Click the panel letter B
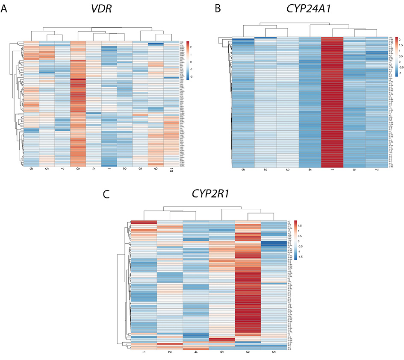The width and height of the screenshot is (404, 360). point(218,9)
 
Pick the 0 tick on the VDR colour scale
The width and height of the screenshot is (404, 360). point(191,62)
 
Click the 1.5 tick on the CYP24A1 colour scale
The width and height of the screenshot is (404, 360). point(396,44)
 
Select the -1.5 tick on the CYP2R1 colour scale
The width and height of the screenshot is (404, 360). point(299,258)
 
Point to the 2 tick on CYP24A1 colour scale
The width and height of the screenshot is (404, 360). point(395,38)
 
